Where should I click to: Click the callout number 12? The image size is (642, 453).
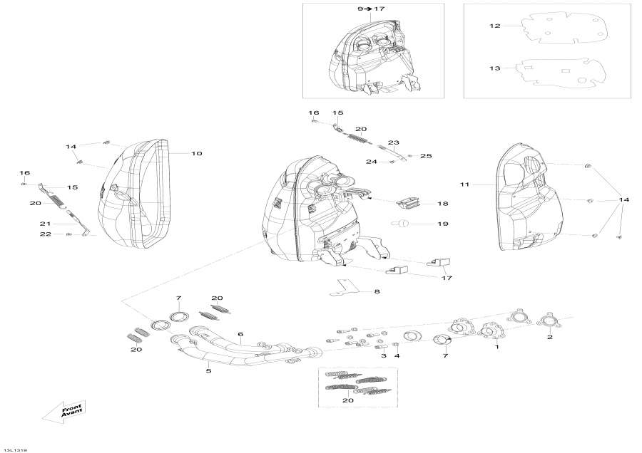tap(495, 26)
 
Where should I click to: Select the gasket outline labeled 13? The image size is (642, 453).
tap(561, 71)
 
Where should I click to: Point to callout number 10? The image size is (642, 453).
tap(197, 153)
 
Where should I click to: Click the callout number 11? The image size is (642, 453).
tap(464, 184)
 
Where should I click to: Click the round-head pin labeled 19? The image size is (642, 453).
tap(402, 225)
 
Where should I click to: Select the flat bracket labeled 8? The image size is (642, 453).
tap(345, 288)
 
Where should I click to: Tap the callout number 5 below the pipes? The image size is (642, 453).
tap(208, 370)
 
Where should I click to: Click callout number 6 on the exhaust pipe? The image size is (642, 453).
tap(240, 334)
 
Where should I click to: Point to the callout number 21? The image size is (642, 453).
tap(44, 224)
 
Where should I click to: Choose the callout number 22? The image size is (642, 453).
tap(44, 234)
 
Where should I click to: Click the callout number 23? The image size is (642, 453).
tap(393, 142)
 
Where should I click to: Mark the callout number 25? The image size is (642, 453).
tap(426, 155)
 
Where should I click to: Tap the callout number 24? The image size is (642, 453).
tap(371, 162)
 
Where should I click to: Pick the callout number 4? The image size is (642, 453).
tap(397, 355)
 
